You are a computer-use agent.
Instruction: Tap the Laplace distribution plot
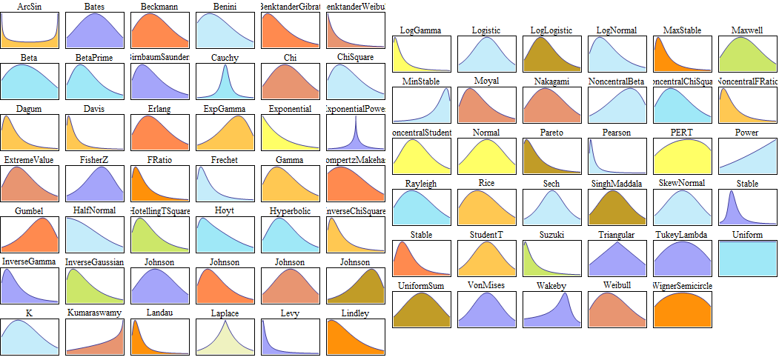tap(225, 337)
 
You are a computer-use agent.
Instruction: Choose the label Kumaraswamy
tap(94, 313)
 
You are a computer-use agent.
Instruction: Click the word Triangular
tap(617, 235)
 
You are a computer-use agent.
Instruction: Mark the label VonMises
tap(486, 285)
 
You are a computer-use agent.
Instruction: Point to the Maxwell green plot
tap(747, 54)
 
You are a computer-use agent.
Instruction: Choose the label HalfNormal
tap(94, 211)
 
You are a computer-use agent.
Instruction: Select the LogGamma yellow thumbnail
tap(421, 54)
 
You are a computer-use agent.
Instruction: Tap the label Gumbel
tap(29, 211)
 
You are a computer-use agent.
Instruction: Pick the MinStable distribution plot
tap(421, 104)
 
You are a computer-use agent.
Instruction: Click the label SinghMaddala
tap(617, 183)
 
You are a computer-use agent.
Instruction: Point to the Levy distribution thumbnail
tap(290, 337)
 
